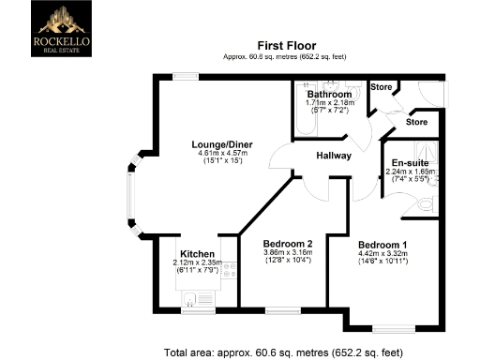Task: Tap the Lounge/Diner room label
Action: (219, 144)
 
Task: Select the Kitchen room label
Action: (198, 254)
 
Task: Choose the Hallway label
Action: (333, 157)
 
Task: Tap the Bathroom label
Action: (329, 96)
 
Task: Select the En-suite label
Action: (409, 162)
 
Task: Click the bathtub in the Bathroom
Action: (303, 116)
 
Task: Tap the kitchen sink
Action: (190, 299)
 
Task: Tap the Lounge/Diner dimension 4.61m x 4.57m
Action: (219, 154)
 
